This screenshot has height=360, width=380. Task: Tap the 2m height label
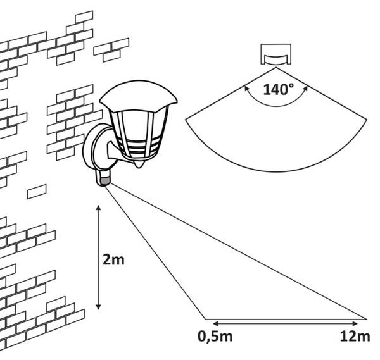coord(113,260)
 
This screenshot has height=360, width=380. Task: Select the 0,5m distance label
coord(215,337)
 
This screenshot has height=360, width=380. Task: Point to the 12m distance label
coord(355,337)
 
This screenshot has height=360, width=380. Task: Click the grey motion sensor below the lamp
coord(104,180)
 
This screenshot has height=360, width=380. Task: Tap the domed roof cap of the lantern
coord(138,96)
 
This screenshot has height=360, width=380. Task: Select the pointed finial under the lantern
coord(139,164)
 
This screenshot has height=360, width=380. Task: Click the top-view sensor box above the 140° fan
coord(275,54)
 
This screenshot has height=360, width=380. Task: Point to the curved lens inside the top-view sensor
coord(275,59)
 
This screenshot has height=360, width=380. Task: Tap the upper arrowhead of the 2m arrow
coord(98,208)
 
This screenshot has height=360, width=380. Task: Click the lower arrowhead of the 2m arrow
coord(98,307)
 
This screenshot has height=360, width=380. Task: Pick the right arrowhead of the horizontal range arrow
coord(355,324)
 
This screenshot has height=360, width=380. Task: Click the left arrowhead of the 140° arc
coord(246,89)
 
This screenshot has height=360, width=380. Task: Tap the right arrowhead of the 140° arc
coord(305,89)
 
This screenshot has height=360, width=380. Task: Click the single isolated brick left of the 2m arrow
coord(37,192)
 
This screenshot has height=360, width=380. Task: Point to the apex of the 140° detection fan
coord(276,68)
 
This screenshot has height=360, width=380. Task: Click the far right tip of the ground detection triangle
coord(365,319)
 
